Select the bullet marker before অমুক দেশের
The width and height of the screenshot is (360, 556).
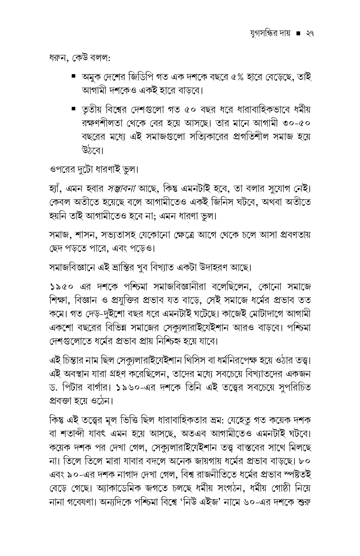pos(73,76)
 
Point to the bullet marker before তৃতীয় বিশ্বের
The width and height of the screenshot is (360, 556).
pos(73,106)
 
